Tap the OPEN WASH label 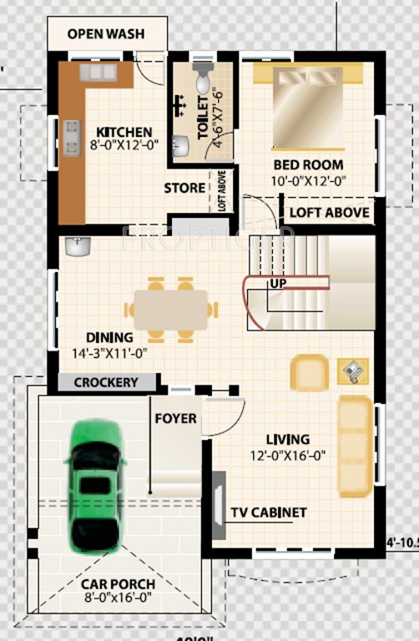pos(106,34)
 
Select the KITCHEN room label pos(124,132)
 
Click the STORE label pos(184,188)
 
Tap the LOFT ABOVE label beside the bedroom pos(329,212)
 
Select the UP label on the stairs pos(278,285)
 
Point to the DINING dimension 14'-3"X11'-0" pos(109,353)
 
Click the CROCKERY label pos(106,382)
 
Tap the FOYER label pos(176,418)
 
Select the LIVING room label pos(287,440)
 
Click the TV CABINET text pos(269,512)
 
